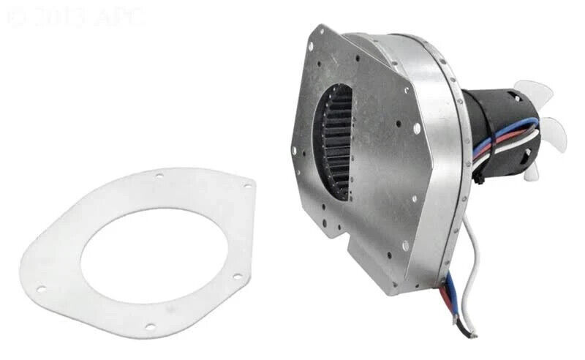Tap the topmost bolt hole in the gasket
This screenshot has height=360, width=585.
click(159, 176)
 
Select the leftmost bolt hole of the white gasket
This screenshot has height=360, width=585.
click(41, 289)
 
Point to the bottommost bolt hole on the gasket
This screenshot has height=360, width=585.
click(150, 326)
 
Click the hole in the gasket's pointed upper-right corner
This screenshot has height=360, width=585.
click(246, 187)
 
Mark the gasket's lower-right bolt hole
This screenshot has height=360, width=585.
click(237, 277)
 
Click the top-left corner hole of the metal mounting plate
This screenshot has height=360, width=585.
click(312, 45)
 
